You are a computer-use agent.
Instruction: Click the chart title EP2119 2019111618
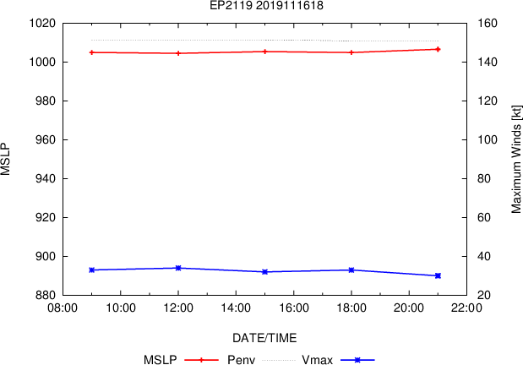coord(266,5)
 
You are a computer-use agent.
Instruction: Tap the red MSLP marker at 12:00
coord(178,53)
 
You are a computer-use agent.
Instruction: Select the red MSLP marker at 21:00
coord(438,49)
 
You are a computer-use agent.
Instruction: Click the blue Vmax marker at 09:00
coord(92,270)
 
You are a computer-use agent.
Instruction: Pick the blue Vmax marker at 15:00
coord(264,272)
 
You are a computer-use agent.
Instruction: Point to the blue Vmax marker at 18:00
coord(351,270)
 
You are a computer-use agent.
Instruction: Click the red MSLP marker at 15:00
coord(264,52)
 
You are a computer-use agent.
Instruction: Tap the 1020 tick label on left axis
coord(42,24)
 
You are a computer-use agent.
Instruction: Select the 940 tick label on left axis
coord(46,178)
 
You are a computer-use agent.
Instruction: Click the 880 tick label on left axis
coord(46,295)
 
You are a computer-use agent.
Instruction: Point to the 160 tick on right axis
coord(488,24)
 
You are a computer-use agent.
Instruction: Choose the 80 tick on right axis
coord(484,178)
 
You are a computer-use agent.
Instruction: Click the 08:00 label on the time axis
coord(63,308)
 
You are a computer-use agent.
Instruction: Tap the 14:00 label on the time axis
coord(236,308)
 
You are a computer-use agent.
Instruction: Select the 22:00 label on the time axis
coord(466,308)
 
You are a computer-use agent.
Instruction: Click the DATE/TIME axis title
coord(264,338)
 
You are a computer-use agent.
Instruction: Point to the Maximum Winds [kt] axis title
coord(516,159)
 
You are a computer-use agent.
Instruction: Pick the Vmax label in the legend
coord(317,360)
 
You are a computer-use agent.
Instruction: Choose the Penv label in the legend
coord(241,360)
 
